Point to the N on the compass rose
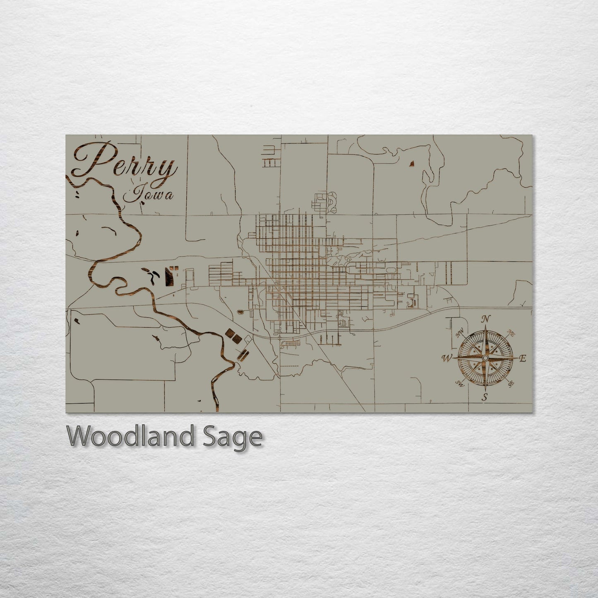point(487,319)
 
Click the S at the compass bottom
point(485,398)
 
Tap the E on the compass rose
point(522,359)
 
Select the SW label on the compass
point(459,383)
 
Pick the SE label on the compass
point(511,384)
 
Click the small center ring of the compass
point(485,358)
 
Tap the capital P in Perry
point(93,159)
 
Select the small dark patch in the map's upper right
point(411,165)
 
